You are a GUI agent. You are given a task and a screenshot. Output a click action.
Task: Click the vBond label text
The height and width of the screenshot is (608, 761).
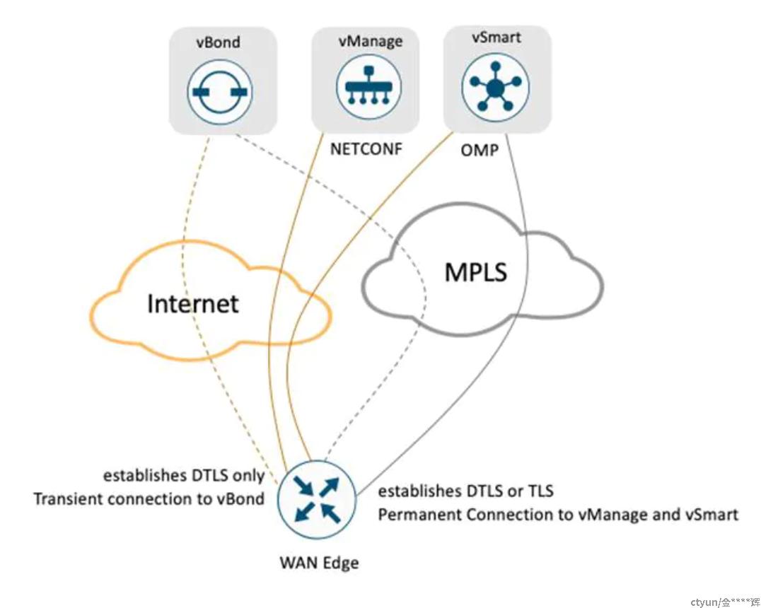click(218, 42)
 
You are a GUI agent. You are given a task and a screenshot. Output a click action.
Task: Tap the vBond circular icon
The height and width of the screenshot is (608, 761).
click(220, 92)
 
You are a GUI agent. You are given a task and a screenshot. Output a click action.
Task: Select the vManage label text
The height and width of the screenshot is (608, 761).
click(371, 41)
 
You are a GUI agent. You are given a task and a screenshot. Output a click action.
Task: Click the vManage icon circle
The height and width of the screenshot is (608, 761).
click(369, 88)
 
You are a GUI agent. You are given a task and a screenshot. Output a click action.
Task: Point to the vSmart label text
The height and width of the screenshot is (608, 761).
click(496, 37)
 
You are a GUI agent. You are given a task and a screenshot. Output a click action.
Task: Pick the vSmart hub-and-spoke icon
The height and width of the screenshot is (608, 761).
click(495, 88)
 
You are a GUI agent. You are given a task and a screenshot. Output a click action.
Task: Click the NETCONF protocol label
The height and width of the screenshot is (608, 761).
click(366, 148)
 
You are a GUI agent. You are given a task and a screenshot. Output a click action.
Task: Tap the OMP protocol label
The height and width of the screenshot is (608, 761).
click(479, 151)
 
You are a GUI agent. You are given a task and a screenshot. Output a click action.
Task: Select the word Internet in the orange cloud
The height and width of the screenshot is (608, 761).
click(192, 304)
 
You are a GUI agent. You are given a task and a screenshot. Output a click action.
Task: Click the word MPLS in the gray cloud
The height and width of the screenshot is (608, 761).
click(475, 271)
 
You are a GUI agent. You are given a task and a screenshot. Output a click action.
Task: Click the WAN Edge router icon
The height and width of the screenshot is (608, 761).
click(318, 499)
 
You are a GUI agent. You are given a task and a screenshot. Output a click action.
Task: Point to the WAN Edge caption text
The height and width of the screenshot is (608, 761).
click(320, 563)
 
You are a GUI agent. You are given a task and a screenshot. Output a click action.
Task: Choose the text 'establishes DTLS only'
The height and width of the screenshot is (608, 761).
click(184, 476)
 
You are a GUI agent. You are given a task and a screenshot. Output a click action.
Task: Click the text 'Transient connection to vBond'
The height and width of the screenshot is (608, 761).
click(149, 499)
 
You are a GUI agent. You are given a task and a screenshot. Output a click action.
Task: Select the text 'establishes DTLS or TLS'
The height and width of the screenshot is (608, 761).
click(465, 491)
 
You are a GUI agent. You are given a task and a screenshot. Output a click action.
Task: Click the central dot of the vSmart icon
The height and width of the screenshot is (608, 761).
click(496, 88)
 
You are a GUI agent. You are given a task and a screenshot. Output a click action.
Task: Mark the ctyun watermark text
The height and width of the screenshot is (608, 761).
click(725, 602)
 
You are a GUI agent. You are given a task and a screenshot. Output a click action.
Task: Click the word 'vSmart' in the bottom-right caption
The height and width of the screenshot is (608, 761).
click(712, 515)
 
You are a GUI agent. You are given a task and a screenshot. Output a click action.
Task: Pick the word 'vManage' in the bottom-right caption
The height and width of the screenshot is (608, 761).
click(612, 515)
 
